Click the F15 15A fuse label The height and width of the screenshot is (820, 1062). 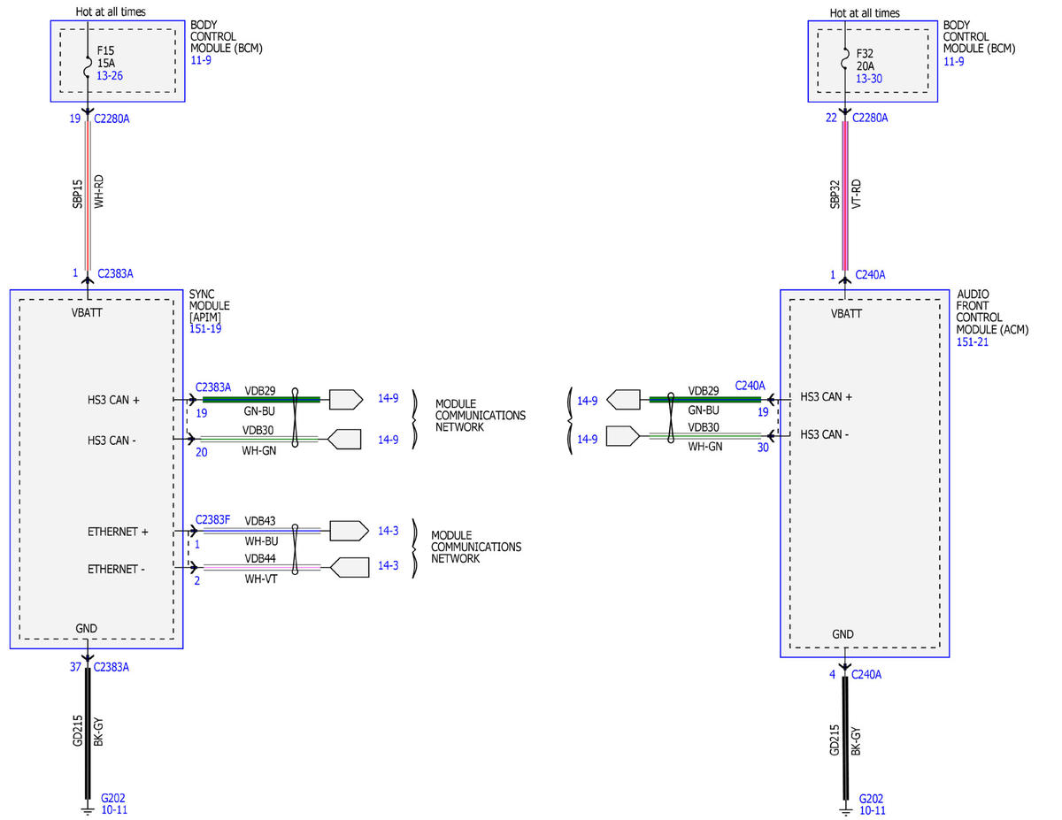pos(106,57)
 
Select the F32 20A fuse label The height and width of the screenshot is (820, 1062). pos(865,59)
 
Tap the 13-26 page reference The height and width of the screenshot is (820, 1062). pos(110,76)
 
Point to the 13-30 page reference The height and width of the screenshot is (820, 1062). pos(869,79)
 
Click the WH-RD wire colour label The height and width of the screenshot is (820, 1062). pos(99,191)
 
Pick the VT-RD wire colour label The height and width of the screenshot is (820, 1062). pos(857,194)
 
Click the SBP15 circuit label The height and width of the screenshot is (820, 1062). pos(77,194)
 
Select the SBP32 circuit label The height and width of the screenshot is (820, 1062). pos(835,195)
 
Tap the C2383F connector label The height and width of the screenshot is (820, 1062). pos(212,519)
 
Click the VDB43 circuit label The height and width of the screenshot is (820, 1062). pos(260,521)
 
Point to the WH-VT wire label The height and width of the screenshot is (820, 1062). pos(261,579)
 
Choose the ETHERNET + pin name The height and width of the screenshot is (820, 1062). pos(118,532)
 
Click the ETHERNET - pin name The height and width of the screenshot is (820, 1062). pos(116,569)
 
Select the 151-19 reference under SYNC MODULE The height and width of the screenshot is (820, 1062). pos(205,329)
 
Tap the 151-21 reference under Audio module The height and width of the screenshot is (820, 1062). pos(972,341)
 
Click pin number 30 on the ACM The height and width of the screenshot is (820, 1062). pos(763,448)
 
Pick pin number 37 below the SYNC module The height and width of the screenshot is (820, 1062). pos(75,667)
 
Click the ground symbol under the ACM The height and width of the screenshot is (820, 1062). pos(845,812)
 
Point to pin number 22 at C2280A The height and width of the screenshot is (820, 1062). pos(831,118)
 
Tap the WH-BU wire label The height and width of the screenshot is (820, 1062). pos(261,541)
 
